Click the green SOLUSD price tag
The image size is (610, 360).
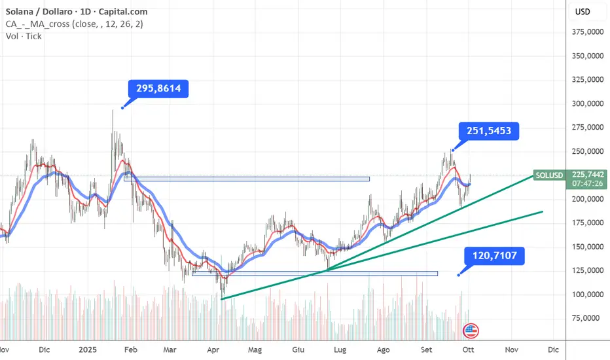tap(548, 175)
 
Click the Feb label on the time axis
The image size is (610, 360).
tap(131, 350)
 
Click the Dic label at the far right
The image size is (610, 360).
tap(553, 350)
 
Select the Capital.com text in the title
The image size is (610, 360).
tap(126, 12)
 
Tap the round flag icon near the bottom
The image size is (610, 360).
tap(471, 331)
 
